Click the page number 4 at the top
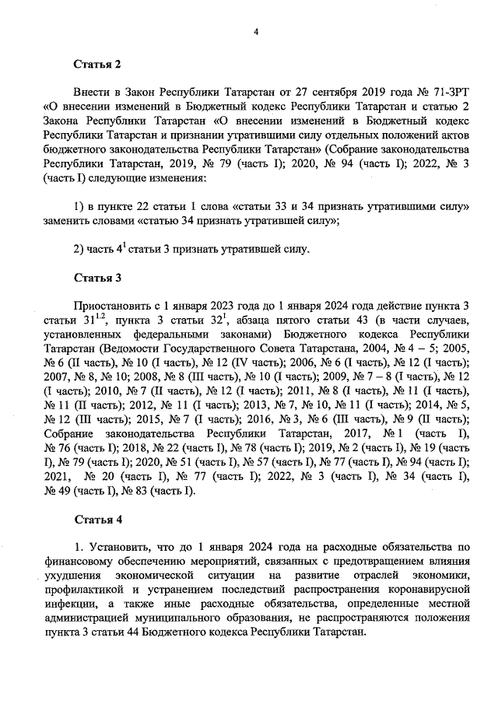[254, 31]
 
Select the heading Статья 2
[97, 64]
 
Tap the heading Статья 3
[97, 276]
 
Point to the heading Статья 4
[97, 517]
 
